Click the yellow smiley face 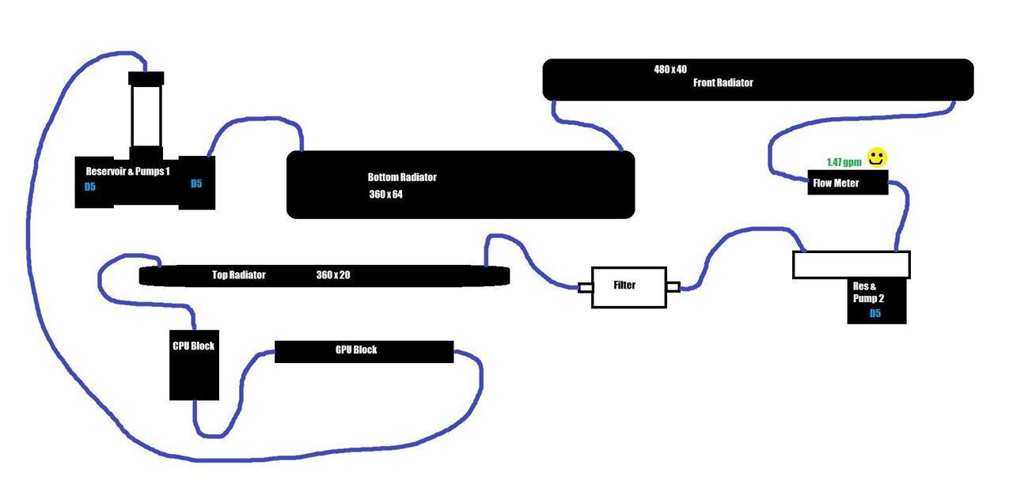click(x=876, y=158)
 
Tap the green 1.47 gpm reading click(x=844, y=161)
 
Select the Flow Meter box click(x=847, y=183)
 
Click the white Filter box click(x=629, y=287)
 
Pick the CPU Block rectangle click(x=194, y=365)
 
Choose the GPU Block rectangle click(x=363, y=351)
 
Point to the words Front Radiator click(x=723, y=82)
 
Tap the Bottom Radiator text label click(x=401, y=177)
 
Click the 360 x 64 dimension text click(x=385, y=194)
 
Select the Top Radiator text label click(x=238, y=275)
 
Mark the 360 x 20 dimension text click(x=333, y=275)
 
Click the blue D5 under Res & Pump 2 click(x=875, y=314)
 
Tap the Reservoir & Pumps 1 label click(x=127, y=171)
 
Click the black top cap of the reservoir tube click(x=146, y=78)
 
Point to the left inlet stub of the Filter click(x=585, y=288)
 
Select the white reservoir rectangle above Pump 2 click(x=851, y=264)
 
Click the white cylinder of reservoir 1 click(x=146, y=115)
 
